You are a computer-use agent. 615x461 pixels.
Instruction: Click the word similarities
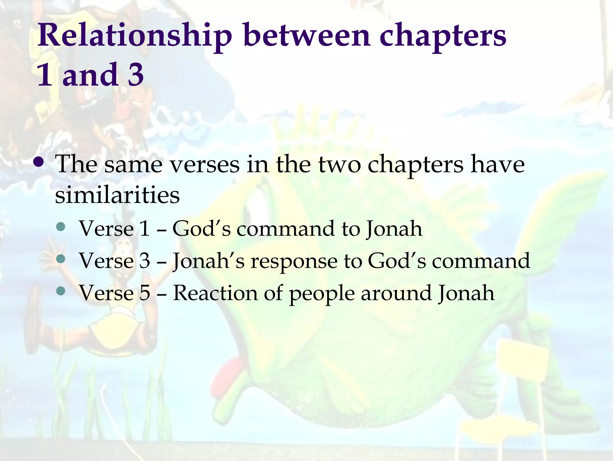[117, 195]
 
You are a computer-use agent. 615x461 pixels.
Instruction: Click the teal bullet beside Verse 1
[61, 227]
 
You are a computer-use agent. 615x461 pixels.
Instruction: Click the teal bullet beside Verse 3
[61, 259]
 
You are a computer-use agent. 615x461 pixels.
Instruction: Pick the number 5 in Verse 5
[144, 293]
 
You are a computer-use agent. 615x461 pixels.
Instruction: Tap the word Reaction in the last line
[215, 293]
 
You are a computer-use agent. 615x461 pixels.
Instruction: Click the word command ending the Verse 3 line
[480, 261]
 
